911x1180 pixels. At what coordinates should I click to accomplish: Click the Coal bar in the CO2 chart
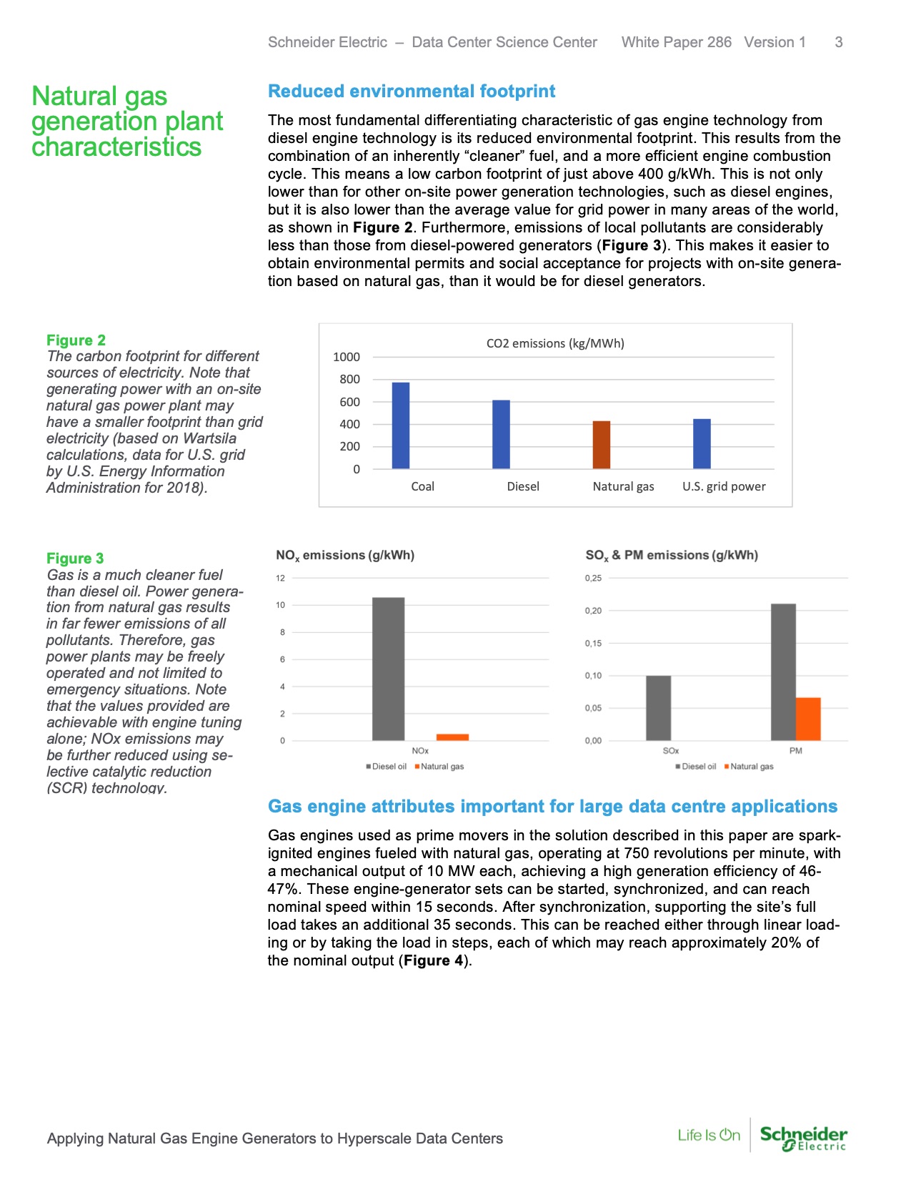point(401,426)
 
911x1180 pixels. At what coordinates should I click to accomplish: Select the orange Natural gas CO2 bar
point(602,445)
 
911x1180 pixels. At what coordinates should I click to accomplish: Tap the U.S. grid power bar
point(702,444)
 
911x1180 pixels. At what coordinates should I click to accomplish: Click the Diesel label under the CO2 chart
point(523,486)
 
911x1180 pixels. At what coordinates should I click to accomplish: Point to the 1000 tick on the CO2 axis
point(347,357)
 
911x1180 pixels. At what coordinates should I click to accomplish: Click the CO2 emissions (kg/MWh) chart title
point(555,343)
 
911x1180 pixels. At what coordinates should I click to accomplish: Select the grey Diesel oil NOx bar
point(388,669)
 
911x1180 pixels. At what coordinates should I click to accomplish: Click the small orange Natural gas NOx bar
point(452,737)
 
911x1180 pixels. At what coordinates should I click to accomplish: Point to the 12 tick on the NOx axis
point(281,578)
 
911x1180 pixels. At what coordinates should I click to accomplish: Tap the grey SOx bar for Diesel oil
point(658,708)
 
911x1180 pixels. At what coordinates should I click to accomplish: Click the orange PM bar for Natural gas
point(808,719)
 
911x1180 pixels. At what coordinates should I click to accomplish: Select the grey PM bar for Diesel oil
point(783,672)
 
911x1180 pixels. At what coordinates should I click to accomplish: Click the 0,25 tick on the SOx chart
point(593,578)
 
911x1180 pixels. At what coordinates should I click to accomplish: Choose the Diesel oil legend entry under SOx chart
point(696,767)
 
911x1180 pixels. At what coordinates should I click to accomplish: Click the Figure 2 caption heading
point(76,340)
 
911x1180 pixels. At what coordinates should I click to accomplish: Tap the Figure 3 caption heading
point(75,559)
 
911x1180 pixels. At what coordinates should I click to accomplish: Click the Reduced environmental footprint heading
point(412,92)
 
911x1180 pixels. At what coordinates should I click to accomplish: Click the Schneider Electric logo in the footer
point(803,1137)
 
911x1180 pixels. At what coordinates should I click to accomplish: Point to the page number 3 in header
point(838,42)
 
